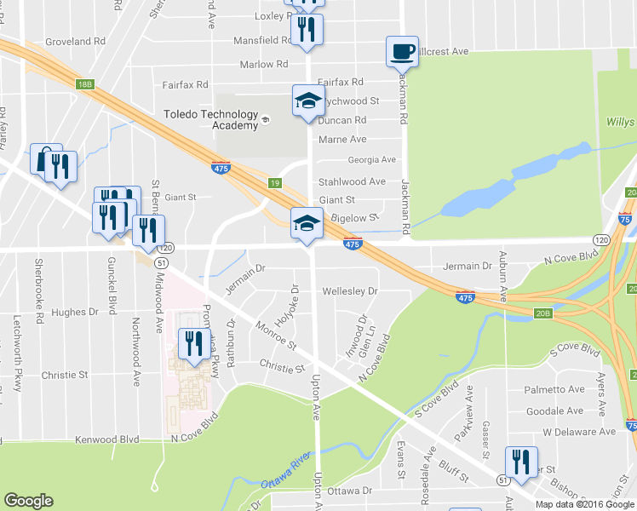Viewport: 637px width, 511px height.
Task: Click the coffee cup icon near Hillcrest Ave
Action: [402, 51]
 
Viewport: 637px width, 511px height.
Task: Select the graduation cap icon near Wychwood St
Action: [308, 100]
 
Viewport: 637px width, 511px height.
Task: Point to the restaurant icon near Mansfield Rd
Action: [307, 29]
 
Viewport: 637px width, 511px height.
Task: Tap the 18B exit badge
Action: [83, 83]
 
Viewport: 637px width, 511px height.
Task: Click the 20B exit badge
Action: [543, 313]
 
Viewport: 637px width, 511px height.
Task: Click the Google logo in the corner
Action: [28, 501]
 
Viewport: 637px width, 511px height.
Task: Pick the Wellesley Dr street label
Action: [349, 291]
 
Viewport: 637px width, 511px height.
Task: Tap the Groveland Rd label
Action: [75, 40]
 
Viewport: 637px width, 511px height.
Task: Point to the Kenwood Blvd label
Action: [106, 439]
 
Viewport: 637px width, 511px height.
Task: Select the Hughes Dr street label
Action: [75, 313]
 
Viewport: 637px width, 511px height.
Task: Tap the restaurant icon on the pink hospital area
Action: [193, 344]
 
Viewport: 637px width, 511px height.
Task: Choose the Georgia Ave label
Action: [371, 159]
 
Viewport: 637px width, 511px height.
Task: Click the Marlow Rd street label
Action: [257, 64]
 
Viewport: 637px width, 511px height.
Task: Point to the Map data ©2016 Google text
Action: [585, 504]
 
